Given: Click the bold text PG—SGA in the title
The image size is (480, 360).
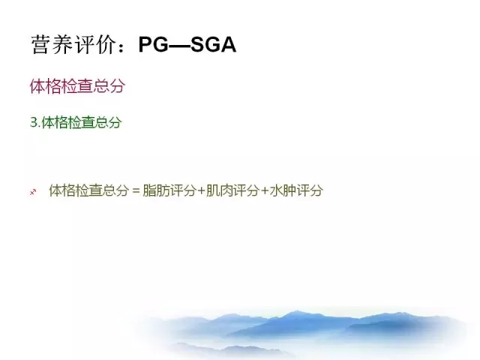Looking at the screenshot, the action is (x=187, y=45).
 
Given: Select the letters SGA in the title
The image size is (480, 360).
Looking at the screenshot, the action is (x=213, y=45).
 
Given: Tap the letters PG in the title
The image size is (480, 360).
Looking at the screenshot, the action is (x=153, y=45).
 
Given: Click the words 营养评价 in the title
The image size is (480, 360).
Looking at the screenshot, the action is (x=73, y=45).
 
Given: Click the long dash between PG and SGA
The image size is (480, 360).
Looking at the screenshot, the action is (x=179, y=45).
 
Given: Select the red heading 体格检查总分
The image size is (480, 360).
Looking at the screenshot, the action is (x=77, y=86).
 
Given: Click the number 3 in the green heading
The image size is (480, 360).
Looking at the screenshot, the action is (x=34, y=123).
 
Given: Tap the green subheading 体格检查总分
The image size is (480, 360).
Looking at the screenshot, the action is (x=82, y=123).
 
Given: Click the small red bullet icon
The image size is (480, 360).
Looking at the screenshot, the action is (x=33, y=192).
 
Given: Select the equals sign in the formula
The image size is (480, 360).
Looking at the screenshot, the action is (x=136, y=191).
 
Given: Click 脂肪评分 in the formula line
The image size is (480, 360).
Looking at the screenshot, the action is (x=169, y=190).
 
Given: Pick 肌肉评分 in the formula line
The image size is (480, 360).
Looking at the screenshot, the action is (x=232, y=190).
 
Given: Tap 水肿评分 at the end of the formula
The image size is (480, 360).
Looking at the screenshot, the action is (x=296, y=190).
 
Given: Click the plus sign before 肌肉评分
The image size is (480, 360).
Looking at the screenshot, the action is (x=201, y=191).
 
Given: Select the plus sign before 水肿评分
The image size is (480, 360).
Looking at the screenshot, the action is (x=265, y=191).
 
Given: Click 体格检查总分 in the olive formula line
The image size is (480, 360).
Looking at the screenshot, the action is (x=88, y=190).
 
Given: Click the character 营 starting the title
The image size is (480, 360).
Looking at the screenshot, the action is (x=41, y=45).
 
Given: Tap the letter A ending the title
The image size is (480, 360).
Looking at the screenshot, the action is (x=228, y=45).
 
